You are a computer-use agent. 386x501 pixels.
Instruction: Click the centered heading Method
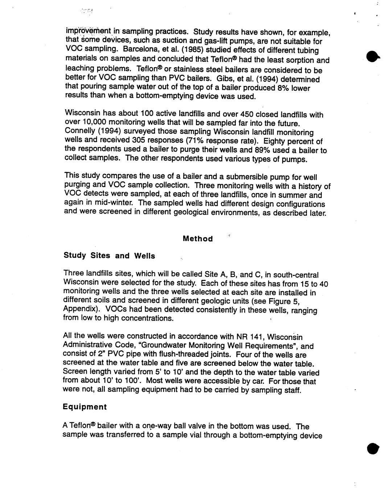[198, 239]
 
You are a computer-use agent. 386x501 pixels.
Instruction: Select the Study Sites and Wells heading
[109, 256]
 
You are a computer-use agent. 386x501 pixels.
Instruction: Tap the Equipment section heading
[85, 407]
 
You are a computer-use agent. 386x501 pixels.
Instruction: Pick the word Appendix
[79, 310]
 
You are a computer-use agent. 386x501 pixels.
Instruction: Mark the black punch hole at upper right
[373, 57]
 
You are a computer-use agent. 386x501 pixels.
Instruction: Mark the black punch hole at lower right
[372, 448]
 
